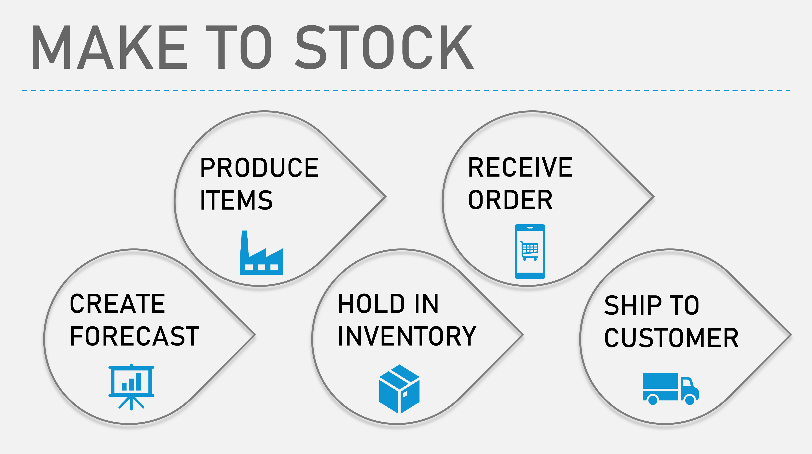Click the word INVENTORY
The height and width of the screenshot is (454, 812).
pyautogui.click(x=407, y=336)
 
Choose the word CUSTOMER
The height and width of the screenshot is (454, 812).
pyautogui.click(x=671, y=338)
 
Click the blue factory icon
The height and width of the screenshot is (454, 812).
pyautogui.click(x=261, y=253)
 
